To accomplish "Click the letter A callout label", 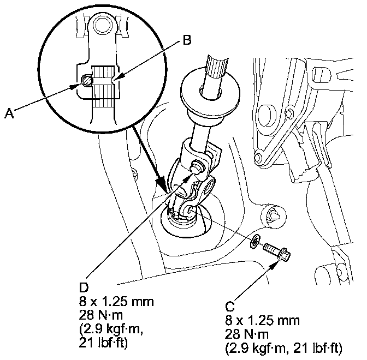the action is coord(9,113).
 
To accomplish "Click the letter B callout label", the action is coord(187,40).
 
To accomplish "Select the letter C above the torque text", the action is coord(230,307).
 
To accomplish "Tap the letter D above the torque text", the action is coord(84,287).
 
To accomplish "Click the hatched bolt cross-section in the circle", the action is coord(86,80).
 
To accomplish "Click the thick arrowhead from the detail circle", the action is coord(162,183).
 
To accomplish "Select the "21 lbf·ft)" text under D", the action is coord(103,343).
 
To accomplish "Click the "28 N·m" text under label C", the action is coord(246,334).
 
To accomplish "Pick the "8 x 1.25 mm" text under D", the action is coord(116,302).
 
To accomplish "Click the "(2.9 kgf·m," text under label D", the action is coord(111,329).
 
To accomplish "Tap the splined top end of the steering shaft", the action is coord(217,67).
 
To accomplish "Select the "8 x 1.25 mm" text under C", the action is coord(262,320).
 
